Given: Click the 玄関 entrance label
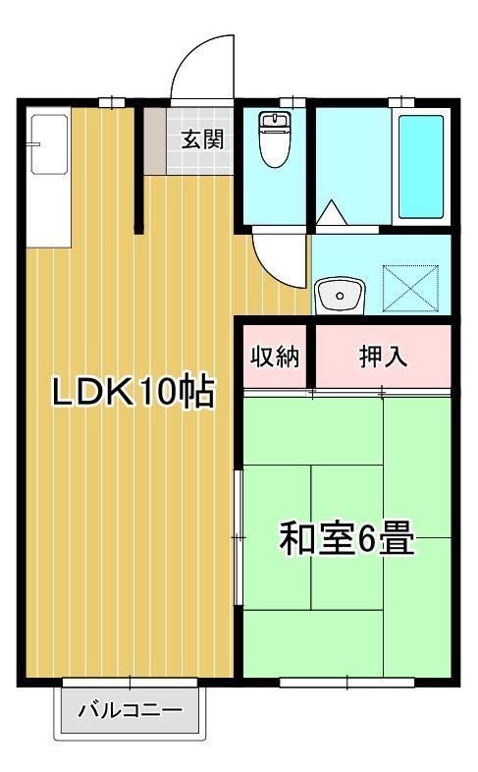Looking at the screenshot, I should click(x=201, y=138).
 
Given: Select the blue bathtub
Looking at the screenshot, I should click(x=421, y=166).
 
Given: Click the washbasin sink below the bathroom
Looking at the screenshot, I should click(x=340, y=294).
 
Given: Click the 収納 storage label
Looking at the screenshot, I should click(x=274, y=358).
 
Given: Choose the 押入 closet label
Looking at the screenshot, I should click(x=382, y=358).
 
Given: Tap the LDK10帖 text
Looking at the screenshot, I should click(x=133, y=393).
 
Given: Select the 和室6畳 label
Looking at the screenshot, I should click(x=346, y=538).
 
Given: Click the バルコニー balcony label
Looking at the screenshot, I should click(x=130, y=710).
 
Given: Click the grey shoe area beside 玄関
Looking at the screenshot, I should click(x=155, y=138).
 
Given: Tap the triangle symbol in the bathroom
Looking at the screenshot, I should click(x=331, y=212).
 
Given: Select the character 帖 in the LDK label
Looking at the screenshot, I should click(x=197, y=393).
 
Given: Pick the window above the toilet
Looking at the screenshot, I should click(x=292, y=102).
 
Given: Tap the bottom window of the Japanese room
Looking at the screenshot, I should click(x=346, y=680).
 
